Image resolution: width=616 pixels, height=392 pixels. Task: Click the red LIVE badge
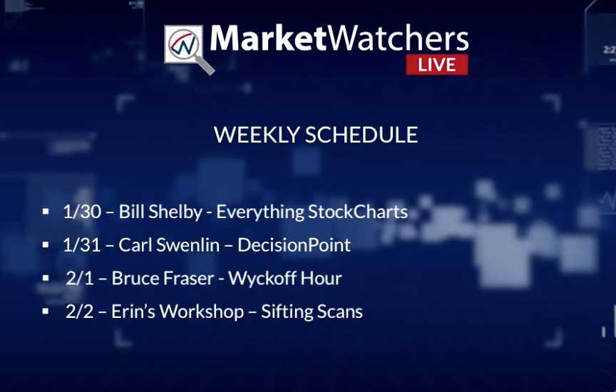[x=437, y=64]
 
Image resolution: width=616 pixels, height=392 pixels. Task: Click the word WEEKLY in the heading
[x=257, y=135]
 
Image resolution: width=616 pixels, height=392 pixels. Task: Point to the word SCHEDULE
[x=361, y=135]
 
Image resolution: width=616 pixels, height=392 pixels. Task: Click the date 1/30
[x=82, y=212]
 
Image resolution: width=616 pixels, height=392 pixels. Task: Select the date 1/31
[x=81, y=245]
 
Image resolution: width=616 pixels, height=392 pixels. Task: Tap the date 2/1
[x=80, y=278]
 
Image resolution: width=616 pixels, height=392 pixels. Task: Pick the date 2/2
[x=80, y=311]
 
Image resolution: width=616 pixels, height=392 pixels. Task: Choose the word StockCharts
[x=358, y=212]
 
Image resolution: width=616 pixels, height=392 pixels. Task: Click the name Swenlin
[x=188, y=245]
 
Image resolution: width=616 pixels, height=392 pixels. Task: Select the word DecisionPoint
[x=294, y=245]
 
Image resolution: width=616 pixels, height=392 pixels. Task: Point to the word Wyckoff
[x=262, y=278]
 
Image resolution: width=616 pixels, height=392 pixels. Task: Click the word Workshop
[x=202, y=311]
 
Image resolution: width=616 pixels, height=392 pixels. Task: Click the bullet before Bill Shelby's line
[x=46, y=212]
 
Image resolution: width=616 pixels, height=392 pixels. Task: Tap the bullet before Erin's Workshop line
[x=46, y=311]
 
